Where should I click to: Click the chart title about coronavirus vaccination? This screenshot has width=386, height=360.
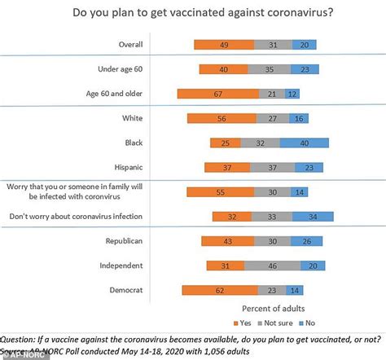pos(193,13)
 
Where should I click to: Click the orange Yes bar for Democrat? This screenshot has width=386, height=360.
pos(220,290)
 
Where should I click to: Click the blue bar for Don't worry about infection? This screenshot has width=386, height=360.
pos(312,217)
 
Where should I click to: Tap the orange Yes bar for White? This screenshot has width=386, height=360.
pos(221,119)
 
